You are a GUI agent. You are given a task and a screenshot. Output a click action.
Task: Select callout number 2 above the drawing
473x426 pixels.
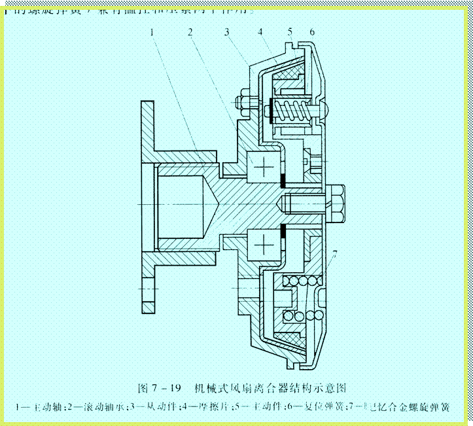189,32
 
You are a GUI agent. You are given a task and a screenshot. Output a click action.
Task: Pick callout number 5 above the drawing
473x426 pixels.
290,32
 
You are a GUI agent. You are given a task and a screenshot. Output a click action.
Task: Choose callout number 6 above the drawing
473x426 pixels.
313,32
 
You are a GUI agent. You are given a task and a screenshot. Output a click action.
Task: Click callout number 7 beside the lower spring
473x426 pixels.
334,253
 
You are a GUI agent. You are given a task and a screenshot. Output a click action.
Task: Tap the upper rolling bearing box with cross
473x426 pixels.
265,168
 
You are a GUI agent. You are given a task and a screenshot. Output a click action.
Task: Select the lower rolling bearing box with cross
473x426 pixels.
265,245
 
